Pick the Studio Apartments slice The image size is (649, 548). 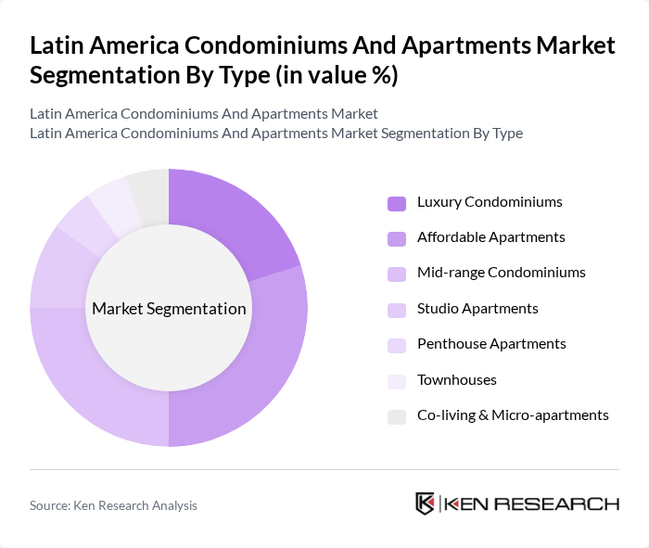57,269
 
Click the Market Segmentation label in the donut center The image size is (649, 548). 169,309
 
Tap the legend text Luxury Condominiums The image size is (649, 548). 490,202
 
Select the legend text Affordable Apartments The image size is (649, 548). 490,237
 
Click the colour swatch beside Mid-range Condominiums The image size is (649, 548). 397,274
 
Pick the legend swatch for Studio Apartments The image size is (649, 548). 397,309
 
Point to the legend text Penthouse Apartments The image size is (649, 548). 491,344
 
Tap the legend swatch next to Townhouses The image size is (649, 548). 397,380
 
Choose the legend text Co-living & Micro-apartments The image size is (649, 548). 513,415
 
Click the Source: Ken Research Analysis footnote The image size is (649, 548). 113,505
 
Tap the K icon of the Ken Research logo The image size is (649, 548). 426,503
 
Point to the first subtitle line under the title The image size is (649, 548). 204,114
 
